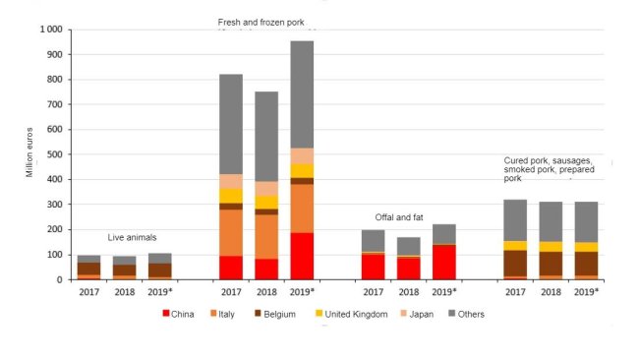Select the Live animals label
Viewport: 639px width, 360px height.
click(x=132, y=238)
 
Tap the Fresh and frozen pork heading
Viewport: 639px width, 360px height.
click(x=261, y=23)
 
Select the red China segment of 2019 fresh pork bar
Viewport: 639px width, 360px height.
click(x=302, y=256)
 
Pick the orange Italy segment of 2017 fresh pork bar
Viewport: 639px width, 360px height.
click(x=231, y=232)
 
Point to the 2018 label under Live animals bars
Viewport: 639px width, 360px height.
click(x=124, y=292)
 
